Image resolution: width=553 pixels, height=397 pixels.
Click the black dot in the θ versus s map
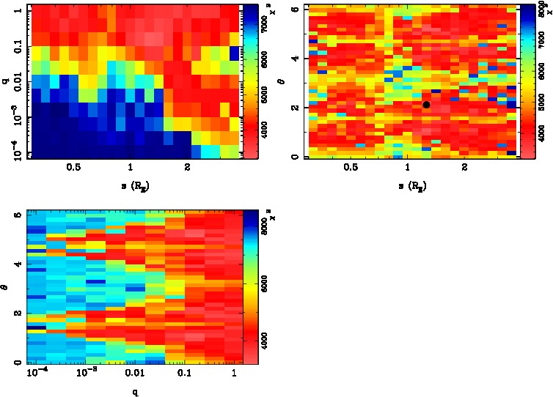pos(426,105)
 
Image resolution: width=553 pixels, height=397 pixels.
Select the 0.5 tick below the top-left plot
pos(73,168)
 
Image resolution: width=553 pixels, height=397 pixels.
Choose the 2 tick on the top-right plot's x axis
pos(465,168)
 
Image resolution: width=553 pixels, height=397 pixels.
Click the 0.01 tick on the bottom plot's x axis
pos(135,374)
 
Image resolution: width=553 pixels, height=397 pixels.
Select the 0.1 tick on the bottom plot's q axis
pos(184,374)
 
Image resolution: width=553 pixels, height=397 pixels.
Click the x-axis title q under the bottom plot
pos(135,390)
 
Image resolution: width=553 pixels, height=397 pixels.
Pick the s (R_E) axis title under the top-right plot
pos(413,186)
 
